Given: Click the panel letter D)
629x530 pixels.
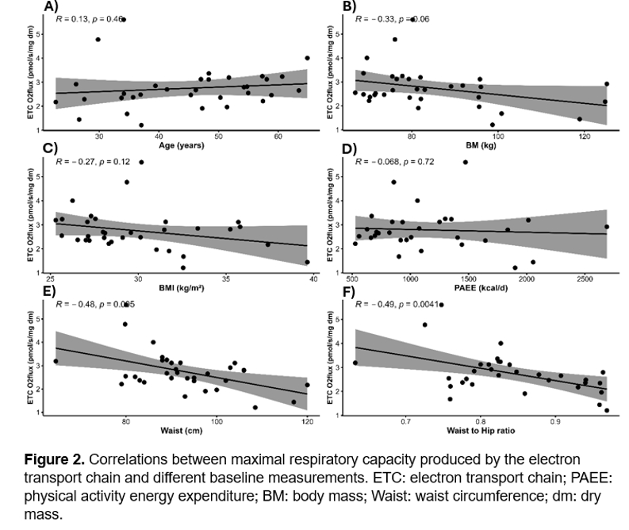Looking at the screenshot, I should (349, 149).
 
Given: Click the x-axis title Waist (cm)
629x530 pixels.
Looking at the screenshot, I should (181, 432).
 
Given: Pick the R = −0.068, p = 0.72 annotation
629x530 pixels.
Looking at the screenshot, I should (403, 161).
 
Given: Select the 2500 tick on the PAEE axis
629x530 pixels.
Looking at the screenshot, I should (584, 279).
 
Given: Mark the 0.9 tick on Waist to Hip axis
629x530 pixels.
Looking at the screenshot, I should (554, 421).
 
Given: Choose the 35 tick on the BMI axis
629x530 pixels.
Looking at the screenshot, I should (226, 279).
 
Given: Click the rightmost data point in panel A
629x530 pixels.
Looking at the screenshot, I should (307, 58).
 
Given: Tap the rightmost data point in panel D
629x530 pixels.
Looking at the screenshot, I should (607, 227).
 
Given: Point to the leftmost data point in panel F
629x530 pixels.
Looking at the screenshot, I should (355, 363).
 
